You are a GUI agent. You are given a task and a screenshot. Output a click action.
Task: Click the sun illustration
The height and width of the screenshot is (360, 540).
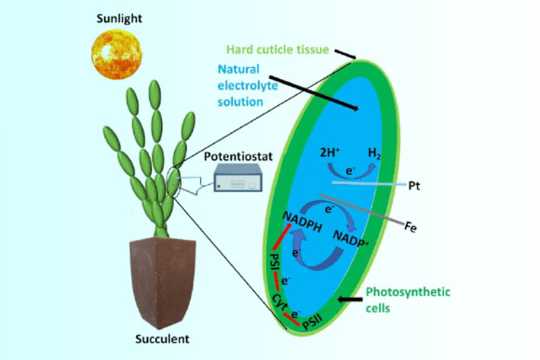pyautogui.click(x=116, y=54)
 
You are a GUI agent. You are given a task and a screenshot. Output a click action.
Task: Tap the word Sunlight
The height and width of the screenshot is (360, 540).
pyautogui.click(x=119, y=19)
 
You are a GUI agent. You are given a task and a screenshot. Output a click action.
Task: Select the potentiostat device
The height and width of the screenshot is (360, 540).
pyautogui.click(x=238, y=178)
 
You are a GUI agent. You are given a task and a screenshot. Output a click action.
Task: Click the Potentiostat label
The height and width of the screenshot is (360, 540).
pyautogui.click(x=238, y=156)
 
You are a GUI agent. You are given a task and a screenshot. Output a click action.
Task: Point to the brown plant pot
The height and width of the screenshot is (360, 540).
pyautogui.click(x=163, y=282)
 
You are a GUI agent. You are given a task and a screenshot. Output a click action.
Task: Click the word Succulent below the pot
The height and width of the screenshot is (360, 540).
pyautogui.click(x=162, y=339)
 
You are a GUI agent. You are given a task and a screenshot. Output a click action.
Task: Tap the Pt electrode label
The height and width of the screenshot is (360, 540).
pyautogui.click(x=414, y=186)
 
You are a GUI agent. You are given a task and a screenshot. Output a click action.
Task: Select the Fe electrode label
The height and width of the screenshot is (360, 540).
pyautogui.click(x=411, y=227)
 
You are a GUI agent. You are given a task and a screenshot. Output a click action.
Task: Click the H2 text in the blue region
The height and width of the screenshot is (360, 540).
pyautogui.click(x=374, y=153)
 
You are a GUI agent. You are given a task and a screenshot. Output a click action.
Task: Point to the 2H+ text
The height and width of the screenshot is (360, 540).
pyautogui.click(x=330, y=153)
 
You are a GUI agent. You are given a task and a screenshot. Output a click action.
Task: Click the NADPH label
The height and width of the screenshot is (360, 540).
pyautogui.click(x=303, y=222)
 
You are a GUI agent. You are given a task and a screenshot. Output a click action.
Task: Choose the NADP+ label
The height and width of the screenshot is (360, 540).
pyautogui.click(x=351, y=238)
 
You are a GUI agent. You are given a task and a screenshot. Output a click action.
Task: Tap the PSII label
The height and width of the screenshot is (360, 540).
pyautogui.click(x=313, y=322)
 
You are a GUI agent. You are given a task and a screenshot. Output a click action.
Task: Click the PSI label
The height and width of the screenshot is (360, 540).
pyautogui.click(x=276, y=262)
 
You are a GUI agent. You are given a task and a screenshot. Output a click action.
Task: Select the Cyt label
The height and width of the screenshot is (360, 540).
pyautogui.click(x=279, y=301)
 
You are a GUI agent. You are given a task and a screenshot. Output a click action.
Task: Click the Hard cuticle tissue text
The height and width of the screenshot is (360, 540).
pyautogui.click(x=277, y=49)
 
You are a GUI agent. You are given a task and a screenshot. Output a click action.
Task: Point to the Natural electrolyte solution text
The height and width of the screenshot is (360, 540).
pyautogui.click(x=248, y=86)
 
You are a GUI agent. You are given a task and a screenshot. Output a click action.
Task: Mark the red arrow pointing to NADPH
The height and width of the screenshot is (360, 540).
pyautogui.click(x=282, y=236)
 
